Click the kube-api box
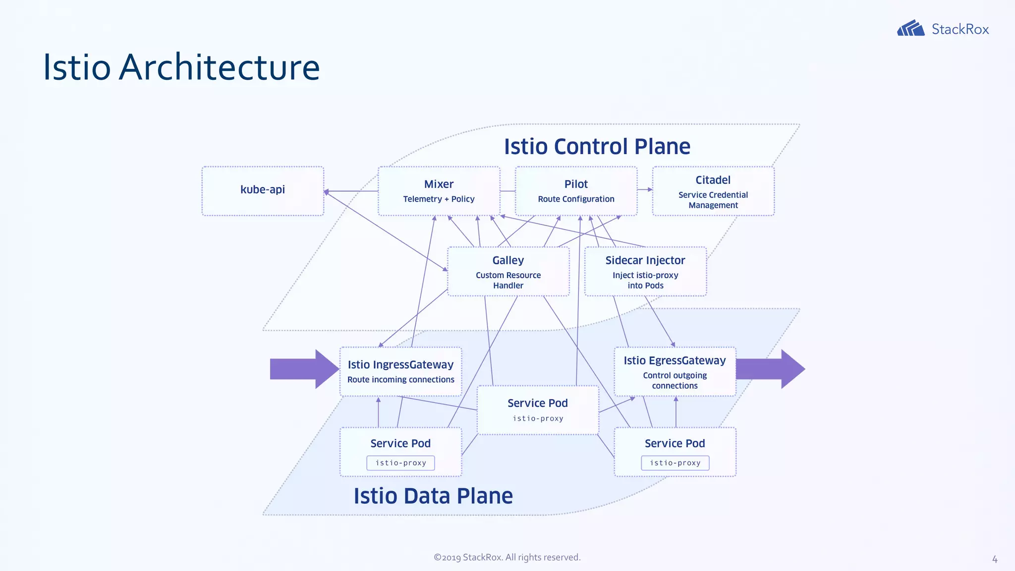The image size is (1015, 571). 263,191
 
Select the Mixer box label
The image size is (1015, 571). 439,184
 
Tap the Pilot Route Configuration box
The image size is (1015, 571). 576,191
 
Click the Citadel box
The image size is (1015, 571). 713,191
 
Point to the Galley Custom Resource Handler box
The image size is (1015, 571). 508,272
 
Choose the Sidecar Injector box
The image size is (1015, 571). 645,272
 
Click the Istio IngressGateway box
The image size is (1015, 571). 400,371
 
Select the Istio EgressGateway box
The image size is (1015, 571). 675,371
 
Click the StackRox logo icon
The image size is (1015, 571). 910,28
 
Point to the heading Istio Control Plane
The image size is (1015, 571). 597,147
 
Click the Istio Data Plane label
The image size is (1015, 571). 433,496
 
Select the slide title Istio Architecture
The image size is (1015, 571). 181,67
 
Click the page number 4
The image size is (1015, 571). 994,560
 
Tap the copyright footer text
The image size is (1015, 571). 507,557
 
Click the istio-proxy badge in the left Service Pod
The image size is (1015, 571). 400,463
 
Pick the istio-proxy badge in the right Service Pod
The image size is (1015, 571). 675,463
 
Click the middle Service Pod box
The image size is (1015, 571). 538,410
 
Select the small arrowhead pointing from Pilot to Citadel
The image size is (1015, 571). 650,189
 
